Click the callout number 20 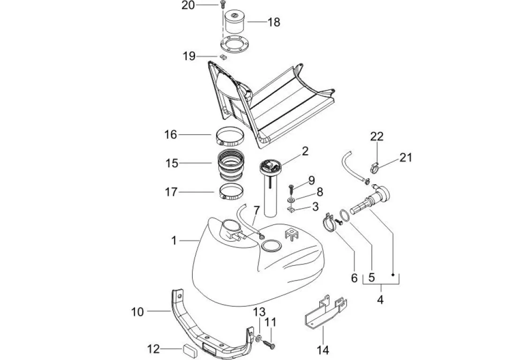(x=188, y=5)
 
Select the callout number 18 (x=274, y=22)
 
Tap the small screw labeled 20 (x=222, y=5)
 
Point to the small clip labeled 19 (x=223, y=57)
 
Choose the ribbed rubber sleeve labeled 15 (x=231, y=166)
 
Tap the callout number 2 (x=305, y=151)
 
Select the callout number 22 (x=377, y=136)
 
